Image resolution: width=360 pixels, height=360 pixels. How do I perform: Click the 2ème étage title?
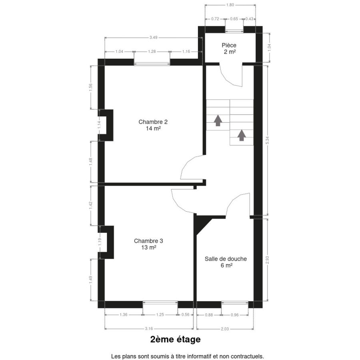[176, 339]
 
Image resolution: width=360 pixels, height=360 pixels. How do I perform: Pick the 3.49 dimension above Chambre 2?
[153, 38]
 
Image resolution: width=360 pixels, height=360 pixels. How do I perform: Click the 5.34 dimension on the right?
[267, 140]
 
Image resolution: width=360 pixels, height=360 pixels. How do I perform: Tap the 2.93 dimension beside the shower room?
[267, 260]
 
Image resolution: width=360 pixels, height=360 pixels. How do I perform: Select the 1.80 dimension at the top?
[230, 5]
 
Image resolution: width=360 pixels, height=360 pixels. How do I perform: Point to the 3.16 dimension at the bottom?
[149, 329]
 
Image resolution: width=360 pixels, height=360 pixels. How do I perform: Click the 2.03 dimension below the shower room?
[225, 329]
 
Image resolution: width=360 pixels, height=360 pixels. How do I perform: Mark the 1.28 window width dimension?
[152, 52]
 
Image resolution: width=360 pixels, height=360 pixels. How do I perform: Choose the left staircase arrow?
[218, 121]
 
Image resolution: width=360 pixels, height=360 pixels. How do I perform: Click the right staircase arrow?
[242, 135]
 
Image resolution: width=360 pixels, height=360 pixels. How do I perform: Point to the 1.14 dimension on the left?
[99, 125]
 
